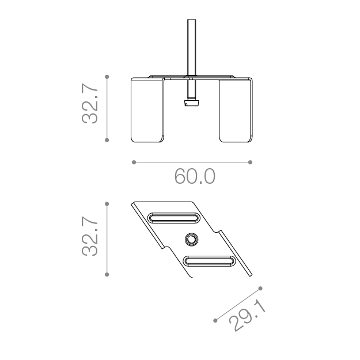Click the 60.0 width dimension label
click(x=195, y=176)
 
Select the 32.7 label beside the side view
click(x=90, y=104)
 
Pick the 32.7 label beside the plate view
click(x=90, y=236)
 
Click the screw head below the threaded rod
click(x=191, y=103)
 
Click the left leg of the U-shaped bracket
click(x=147, y=110)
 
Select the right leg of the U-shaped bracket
click(x=236, y=110)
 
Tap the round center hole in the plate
click(x=191, y=240)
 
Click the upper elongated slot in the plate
click(x=173, y=218)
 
